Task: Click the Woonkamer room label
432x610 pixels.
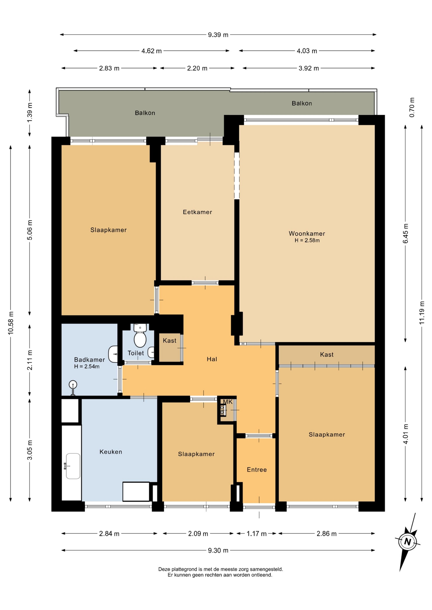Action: click(307, 234)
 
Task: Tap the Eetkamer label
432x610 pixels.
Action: click(197, 212)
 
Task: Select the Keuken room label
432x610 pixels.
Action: click(111, 451)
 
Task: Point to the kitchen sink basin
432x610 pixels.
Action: click(73, 466)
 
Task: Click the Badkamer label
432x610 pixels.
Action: click(89, 360)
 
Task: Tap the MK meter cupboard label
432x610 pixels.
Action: click(228, 402)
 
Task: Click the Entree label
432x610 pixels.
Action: click(257, 469)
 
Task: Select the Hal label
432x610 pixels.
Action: click(212, 359)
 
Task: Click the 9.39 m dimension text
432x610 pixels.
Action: click(218, 35)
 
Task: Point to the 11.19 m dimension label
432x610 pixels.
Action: click(422, 312)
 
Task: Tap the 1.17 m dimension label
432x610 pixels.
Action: click(256, 533)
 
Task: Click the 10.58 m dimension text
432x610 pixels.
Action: click(11, 323)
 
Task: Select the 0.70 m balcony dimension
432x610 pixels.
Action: click(412, 107)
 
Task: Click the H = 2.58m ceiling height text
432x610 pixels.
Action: click(307, 241)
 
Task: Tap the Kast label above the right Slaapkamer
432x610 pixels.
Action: click(327, 354)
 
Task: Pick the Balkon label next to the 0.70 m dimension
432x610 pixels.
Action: click(302, 103)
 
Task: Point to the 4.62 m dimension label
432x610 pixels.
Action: click(151, 51)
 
